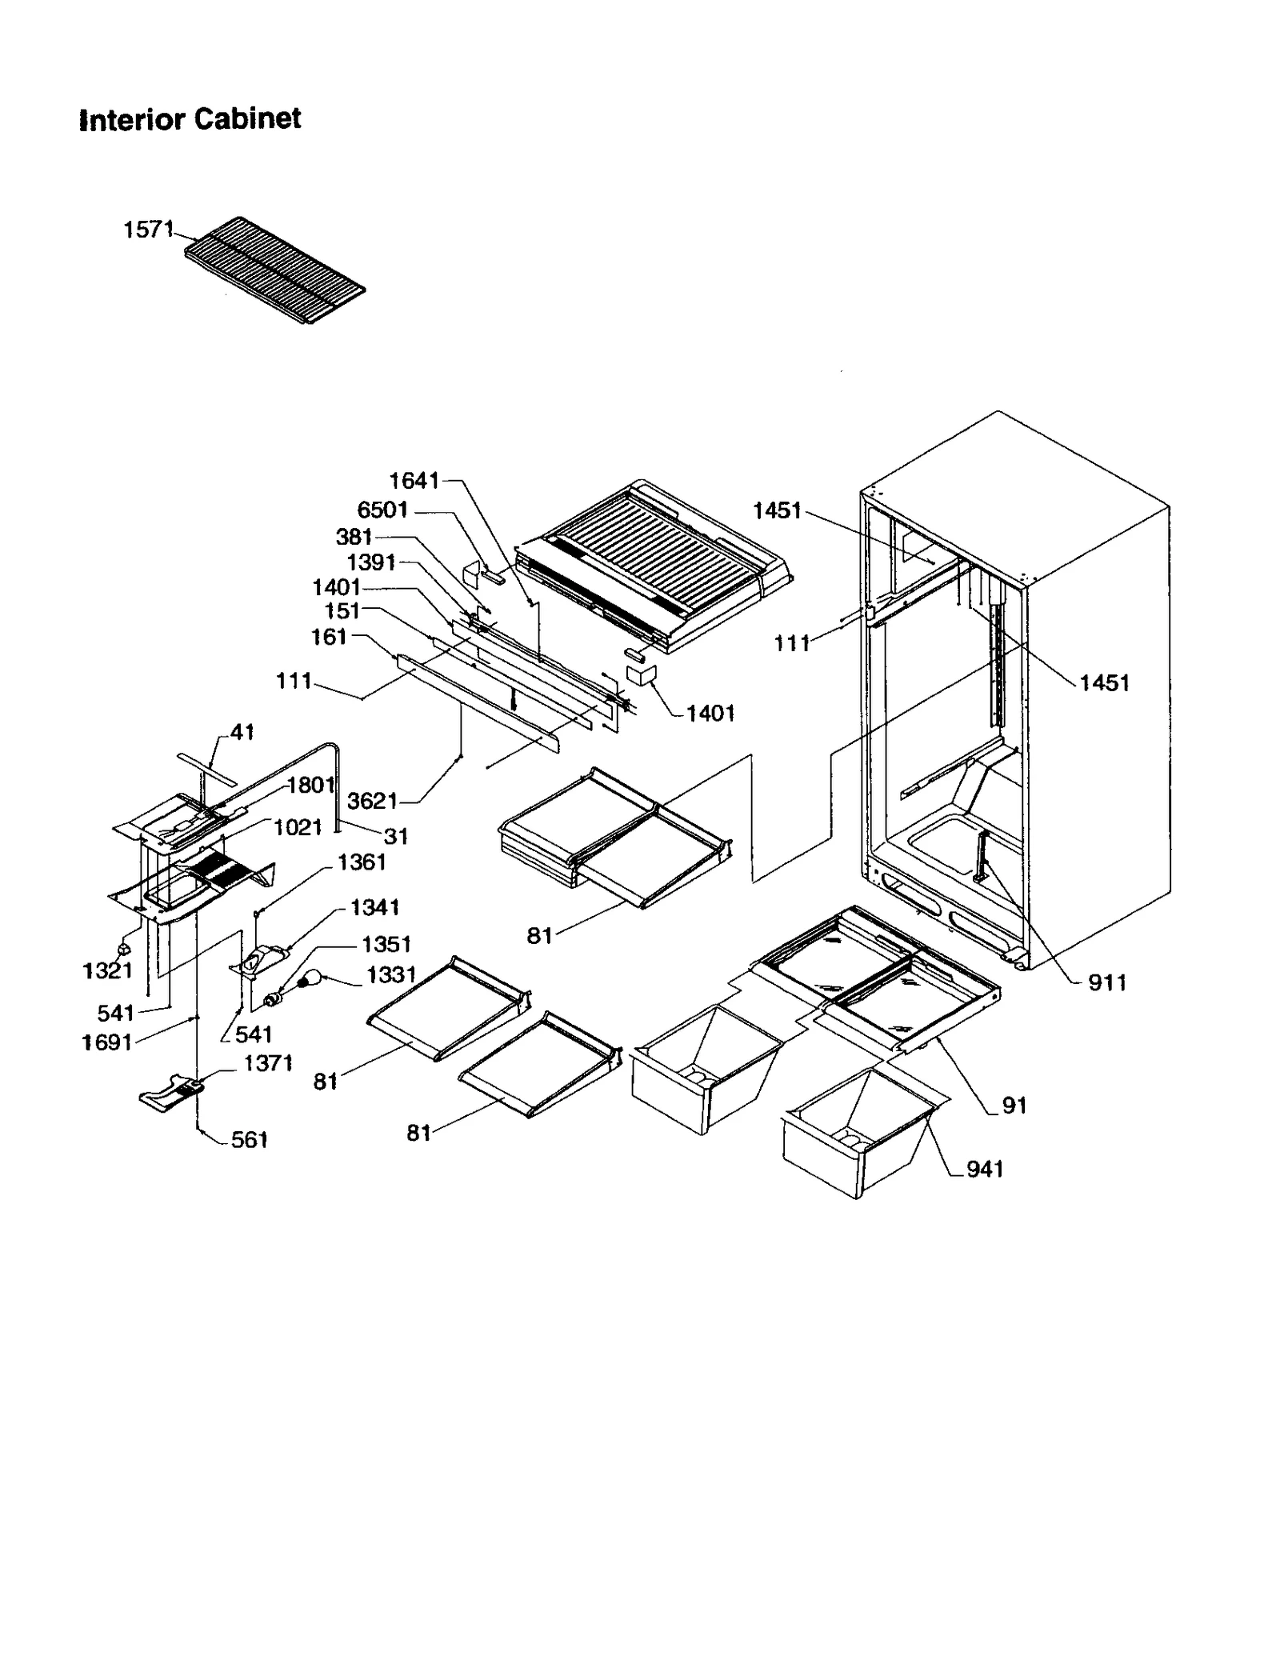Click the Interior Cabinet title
(190, 120)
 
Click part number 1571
(148, 230)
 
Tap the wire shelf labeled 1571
(274, 270)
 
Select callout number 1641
(414, 480)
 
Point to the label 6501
(382, 510)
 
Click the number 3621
(372, 800)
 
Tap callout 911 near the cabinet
(1107, 982)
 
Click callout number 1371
(268, 1063)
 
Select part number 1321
(106, 970)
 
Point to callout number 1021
(298, 827)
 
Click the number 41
(242, 732)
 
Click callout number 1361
(362, 862)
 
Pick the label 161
(329, 637)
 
